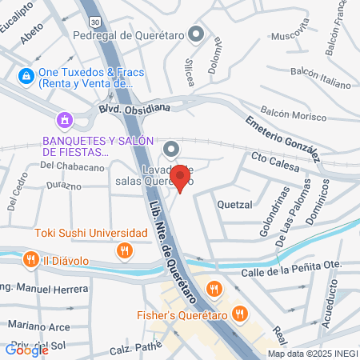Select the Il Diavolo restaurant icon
[30, 259]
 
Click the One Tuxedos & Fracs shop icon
[26, 76]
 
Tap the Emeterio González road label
[284, 135]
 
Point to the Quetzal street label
[234, 204]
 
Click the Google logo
[26, 349]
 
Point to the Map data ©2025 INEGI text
[312, 353]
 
